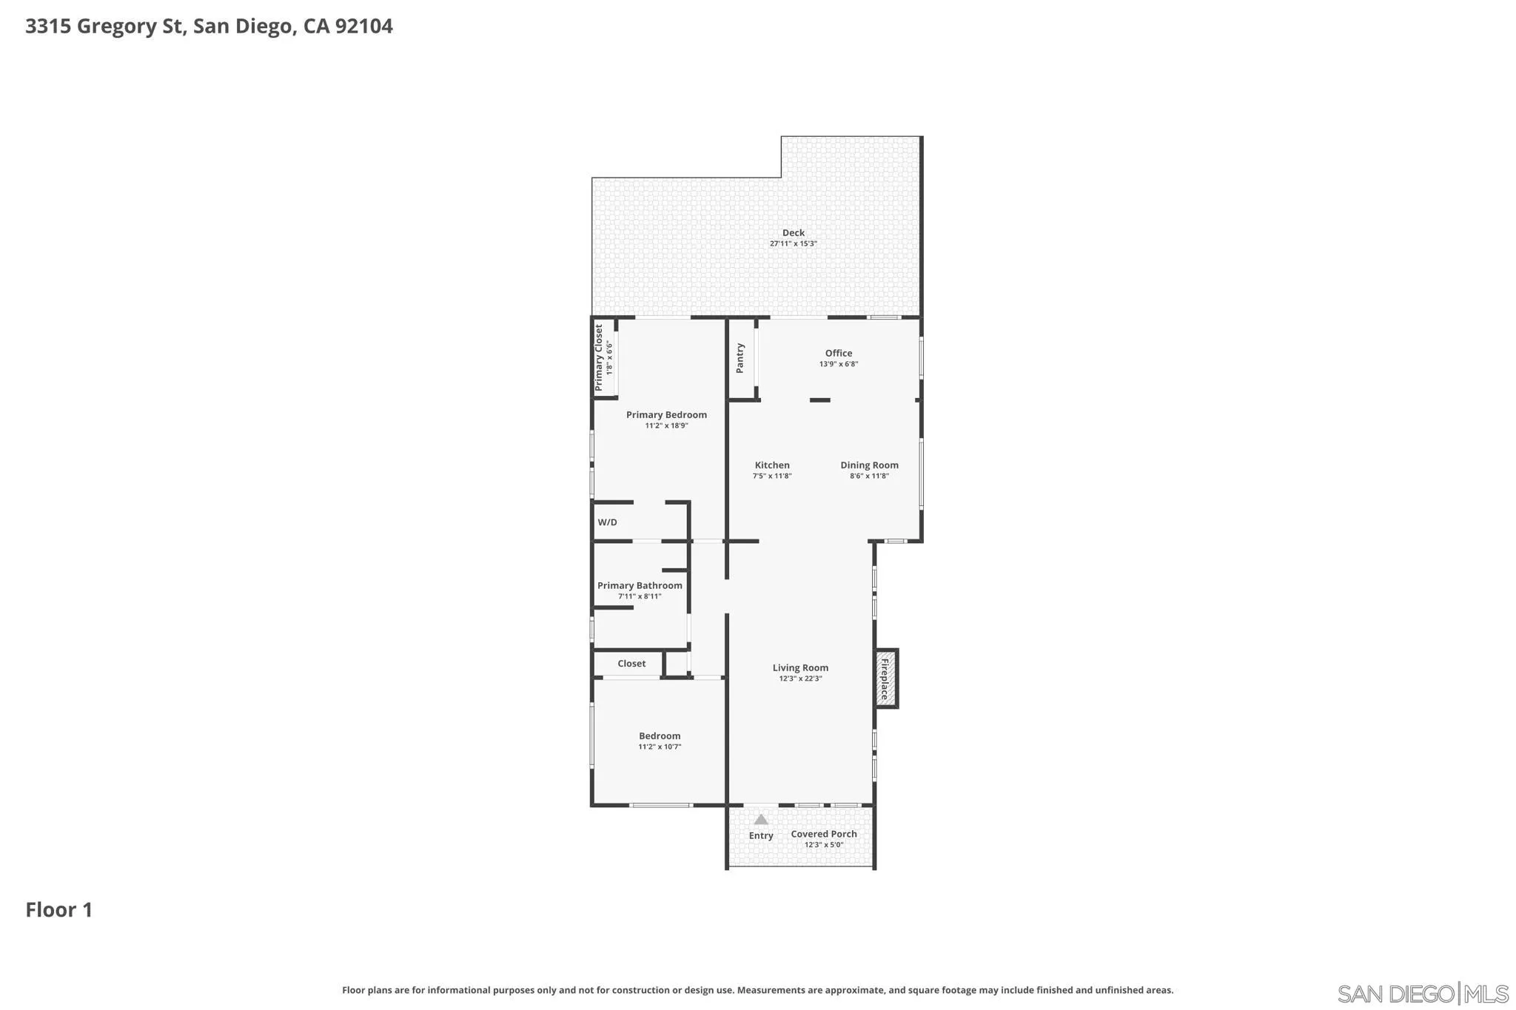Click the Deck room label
coord(793,232)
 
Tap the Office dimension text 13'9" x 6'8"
coord(838,364)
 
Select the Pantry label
coord(739,358)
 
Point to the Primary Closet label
coord(599,357)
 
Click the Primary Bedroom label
coord(666,414)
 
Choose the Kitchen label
coord(771,465)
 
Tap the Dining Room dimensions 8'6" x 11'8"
coord(869,476)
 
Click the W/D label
coord(607,522)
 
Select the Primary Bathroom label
coord(640,585)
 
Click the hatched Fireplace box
coord(885,679)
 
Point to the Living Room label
coord(800,667)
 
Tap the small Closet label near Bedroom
coord(631,664)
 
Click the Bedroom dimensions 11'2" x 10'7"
coord(660,747)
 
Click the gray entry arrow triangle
coord(761,819)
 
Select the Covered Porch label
coord(823,834)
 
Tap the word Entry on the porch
coord(761,835)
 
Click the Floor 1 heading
coord(59,909)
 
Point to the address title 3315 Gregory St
coord(209,27)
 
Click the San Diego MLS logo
coord(1422,993)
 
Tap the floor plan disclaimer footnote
coord(757,990)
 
